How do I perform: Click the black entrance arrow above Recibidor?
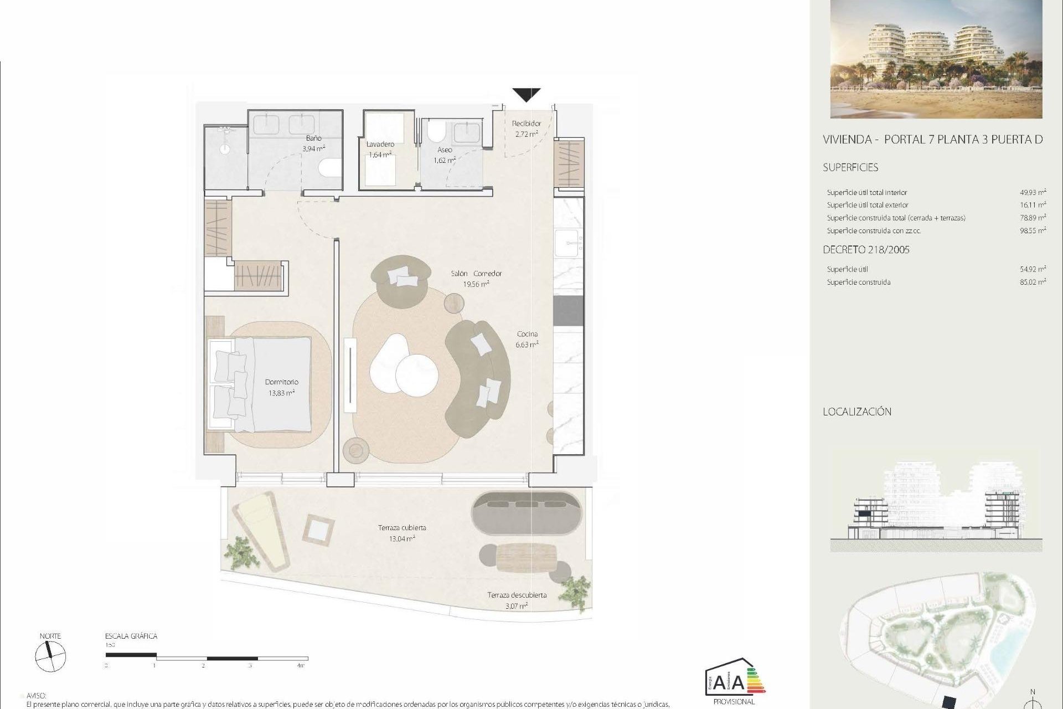(526, 94)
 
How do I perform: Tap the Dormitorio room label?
(281, 382)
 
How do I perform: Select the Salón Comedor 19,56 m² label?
(476, 279)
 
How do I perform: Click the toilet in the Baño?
(331, 168)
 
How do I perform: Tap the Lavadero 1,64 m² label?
(380, 150)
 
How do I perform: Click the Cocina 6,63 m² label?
(527, 339)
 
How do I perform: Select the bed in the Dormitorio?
(260, 384)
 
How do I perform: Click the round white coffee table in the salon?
(417, 375)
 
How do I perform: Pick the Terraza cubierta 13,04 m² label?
(402, 533)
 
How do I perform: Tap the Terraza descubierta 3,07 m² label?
(517, 600)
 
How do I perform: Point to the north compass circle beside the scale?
(50, 657)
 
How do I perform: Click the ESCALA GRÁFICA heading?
(131, 636)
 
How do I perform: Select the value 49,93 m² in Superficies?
(1033, 193)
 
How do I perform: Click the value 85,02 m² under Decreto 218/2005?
(1033, 282)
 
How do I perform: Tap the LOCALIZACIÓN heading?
(857, 412)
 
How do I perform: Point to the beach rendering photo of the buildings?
(936, 59)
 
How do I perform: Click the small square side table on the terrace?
(321, 530)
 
